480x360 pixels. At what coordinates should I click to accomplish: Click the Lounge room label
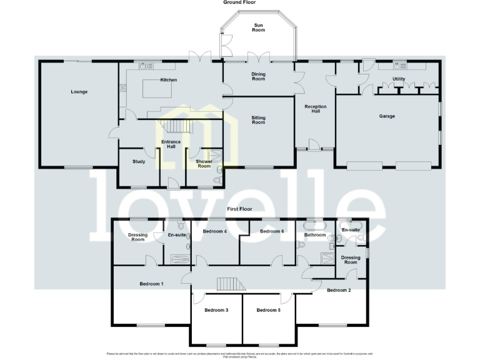(x=79, y=92)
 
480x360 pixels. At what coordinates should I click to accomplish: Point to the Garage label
(x=387, y=116)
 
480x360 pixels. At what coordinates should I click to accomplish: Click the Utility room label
(x=399, y=79)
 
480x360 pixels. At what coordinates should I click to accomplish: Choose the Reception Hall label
(x=316, y=109)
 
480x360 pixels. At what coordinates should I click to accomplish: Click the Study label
(x=139, y=162)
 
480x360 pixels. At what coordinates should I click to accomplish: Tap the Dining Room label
(x=259, y=77)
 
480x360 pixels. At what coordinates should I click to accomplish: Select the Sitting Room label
(x=259, y=119)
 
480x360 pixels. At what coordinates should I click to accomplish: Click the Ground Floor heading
(x=240, y=2)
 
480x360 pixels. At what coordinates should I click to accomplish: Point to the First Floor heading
(x=239, y=209)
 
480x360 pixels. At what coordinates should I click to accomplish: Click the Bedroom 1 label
(x=151, y=284)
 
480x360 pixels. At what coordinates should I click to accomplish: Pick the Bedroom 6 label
(x=272, y=232)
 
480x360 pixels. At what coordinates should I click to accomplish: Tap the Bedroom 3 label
(x=216, y=310)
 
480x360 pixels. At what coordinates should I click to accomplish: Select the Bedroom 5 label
(x=267, y=310)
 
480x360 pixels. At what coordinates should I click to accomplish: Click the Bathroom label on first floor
(x=315, y=235)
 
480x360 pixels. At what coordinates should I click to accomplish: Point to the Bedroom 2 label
(x=338, y=290)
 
